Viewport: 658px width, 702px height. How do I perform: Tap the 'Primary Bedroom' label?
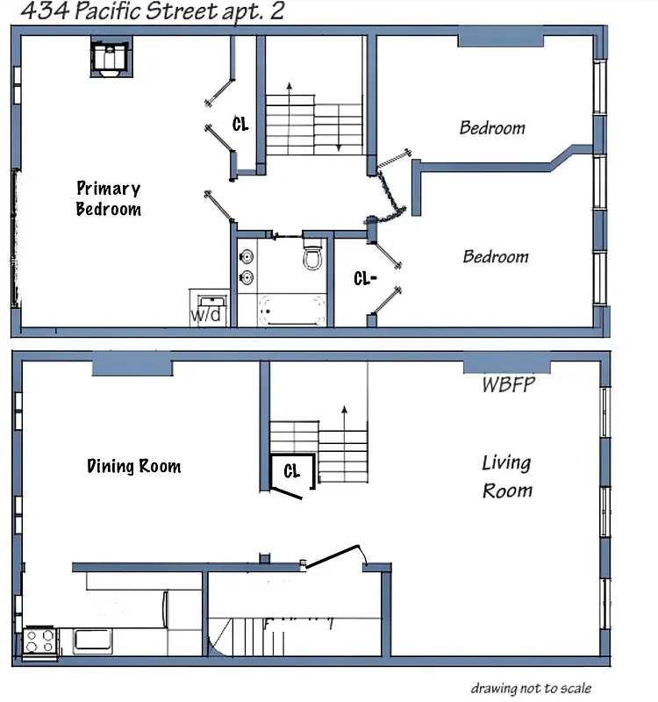[108, 198]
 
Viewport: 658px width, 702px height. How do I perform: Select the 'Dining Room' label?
[134, 466]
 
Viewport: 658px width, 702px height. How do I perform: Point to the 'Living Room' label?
[507, 476]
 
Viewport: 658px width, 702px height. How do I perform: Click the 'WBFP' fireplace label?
[508, 384]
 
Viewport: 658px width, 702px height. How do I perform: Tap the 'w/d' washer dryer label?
[207, 314]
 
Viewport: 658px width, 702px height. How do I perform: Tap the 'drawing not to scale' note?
[530, 688]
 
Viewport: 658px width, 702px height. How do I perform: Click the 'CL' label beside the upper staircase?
[240, 125]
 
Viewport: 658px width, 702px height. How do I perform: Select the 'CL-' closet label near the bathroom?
[365, 279]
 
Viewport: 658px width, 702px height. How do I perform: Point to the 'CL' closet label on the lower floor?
[291, 471]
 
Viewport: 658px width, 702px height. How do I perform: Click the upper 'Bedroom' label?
[492, 128]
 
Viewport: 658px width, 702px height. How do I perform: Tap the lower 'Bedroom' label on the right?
[496, 256]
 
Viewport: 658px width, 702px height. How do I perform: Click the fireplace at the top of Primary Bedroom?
[111, 58]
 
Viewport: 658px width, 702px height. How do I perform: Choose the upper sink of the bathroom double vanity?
[247, 257]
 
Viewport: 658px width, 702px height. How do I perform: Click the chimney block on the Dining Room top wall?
[132, 363]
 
